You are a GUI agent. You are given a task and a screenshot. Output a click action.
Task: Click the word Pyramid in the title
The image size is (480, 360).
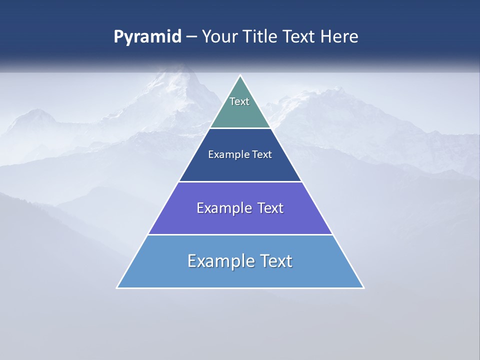147,37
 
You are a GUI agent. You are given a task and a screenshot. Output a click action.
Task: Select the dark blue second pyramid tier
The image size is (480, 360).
240,167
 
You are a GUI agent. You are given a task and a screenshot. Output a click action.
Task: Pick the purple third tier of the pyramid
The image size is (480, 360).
240,220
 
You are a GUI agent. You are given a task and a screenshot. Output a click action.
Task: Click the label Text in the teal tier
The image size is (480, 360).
239,101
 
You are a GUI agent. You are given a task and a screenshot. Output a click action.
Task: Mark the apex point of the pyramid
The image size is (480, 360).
240,76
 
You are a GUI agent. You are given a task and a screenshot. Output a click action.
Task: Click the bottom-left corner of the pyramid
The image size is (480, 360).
117,287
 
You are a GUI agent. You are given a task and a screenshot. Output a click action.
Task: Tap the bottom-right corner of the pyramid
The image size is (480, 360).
363,287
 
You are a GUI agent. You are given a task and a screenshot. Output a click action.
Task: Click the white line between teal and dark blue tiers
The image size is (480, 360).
240,128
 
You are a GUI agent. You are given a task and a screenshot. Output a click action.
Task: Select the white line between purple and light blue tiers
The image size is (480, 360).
240,234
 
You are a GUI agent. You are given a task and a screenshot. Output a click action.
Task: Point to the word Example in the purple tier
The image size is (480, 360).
223,208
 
